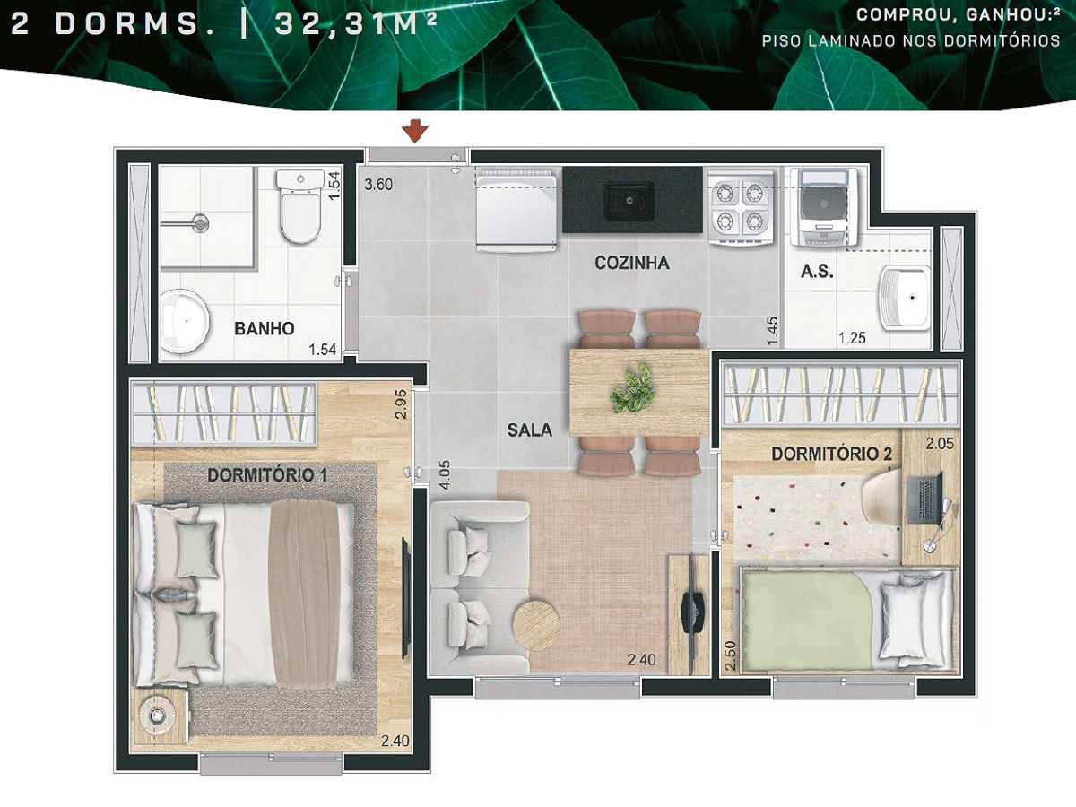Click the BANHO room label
pyautogui.click(x=264, y=329)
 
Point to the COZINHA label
pyautogui.click(x=632, y=264)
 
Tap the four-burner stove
pyautogui.click(x=741, y=207)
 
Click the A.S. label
pyautogui.click(x=817, y=271)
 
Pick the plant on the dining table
pyautogui.click(x=634, y=387)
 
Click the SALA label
pyautogui.click(x=529, y=430)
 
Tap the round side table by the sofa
pyautogui.click(x=536, y=622)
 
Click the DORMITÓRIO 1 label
pyautogui.click(x=266, y=475)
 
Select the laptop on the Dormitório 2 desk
pyautogui.click(x=927, y=500)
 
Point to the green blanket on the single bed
pyautogui.click(x=807, y=620)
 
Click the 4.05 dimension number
pyautogui.click(x=443, y=476)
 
